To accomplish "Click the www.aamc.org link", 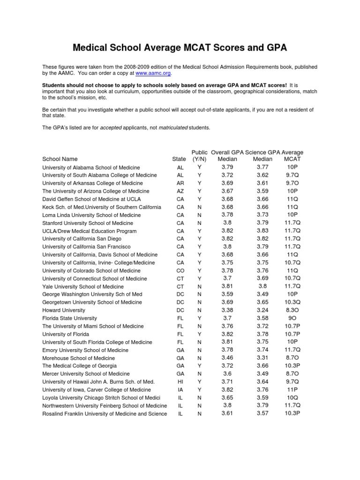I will (153, 74).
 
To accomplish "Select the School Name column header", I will (60, 159).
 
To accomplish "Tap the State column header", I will (179, 159).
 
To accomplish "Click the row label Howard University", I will (64, 310).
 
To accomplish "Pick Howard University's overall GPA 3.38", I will (227, 309).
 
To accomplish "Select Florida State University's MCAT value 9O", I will (292, 317).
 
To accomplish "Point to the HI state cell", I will (180, 382).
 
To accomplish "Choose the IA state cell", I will (180, 390).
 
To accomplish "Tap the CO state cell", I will (180, 270).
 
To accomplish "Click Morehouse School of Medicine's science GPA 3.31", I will (262, 357).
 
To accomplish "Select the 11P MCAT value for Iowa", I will (292, 389).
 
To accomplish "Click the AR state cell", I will (180, 183).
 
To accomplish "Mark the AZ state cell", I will (180, 191).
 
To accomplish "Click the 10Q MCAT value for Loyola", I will (292, 397).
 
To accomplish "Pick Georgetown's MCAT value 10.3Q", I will (292, 302).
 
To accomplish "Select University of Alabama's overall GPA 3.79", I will (227, 166).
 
